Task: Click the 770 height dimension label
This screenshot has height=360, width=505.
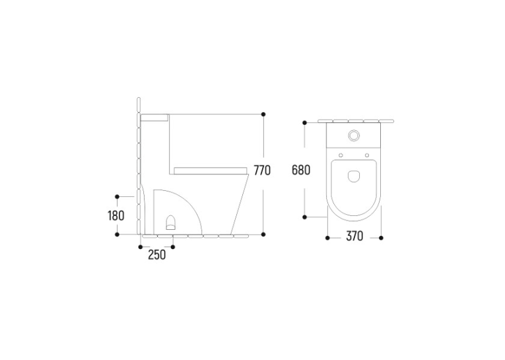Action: click(262, 170)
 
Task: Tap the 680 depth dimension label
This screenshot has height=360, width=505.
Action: click(301, 170)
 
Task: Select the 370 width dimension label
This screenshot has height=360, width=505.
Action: click(354, 236)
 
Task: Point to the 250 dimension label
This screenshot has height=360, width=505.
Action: click(157, 254)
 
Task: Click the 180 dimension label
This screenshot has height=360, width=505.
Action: click(116, 215)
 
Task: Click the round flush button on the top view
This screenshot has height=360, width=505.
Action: click(354, 135)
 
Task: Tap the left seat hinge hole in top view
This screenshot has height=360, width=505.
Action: click(341, 155)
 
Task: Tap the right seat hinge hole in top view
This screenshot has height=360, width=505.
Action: click(367, 155)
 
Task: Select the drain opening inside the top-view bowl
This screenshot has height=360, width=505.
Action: click(354, 176)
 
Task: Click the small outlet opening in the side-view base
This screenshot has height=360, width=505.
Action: click(171, 223)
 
